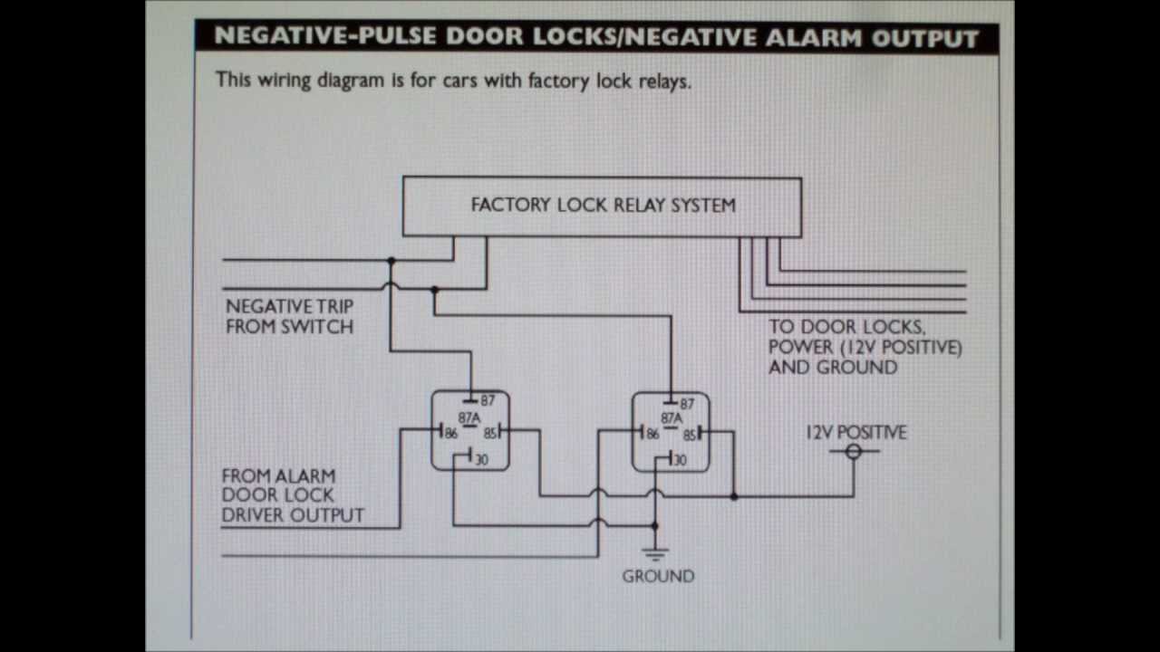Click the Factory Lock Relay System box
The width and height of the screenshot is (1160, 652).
tap(602, 206)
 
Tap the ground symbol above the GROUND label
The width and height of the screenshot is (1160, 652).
tap(655, 553)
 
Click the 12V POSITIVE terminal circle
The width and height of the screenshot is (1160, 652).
tap(853, 451)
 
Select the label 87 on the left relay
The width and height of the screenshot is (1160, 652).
tap(488, 400)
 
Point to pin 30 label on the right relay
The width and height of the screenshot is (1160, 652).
tap(679, 460)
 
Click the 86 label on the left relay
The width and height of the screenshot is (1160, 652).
tap(449, 433)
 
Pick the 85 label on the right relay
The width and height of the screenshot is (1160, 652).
tap(691, 435)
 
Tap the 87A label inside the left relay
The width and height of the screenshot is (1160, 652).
tap(469, 418)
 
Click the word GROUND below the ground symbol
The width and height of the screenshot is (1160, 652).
tap(658, 576)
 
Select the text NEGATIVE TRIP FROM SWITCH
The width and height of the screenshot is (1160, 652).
tap(289, 317)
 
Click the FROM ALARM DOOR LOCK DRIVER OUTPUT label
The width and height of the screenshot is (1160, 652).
tap(292, 495)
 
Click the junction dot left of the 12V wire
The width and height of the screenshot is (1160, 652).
tap(733, 496)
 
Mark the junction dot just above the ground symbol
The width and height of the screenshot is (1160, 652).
tap(655, 525)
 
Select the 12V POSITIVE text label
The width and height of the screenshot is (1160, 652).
tap(855, 432)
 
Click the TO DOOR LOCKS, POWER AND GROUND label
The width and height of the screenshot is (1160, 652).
tap(865, 347)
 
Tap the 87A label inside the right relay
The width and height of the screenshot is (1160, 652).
tap(671, 418)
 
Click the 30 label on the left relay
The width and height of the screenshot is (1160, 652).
tap(480, 460)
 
